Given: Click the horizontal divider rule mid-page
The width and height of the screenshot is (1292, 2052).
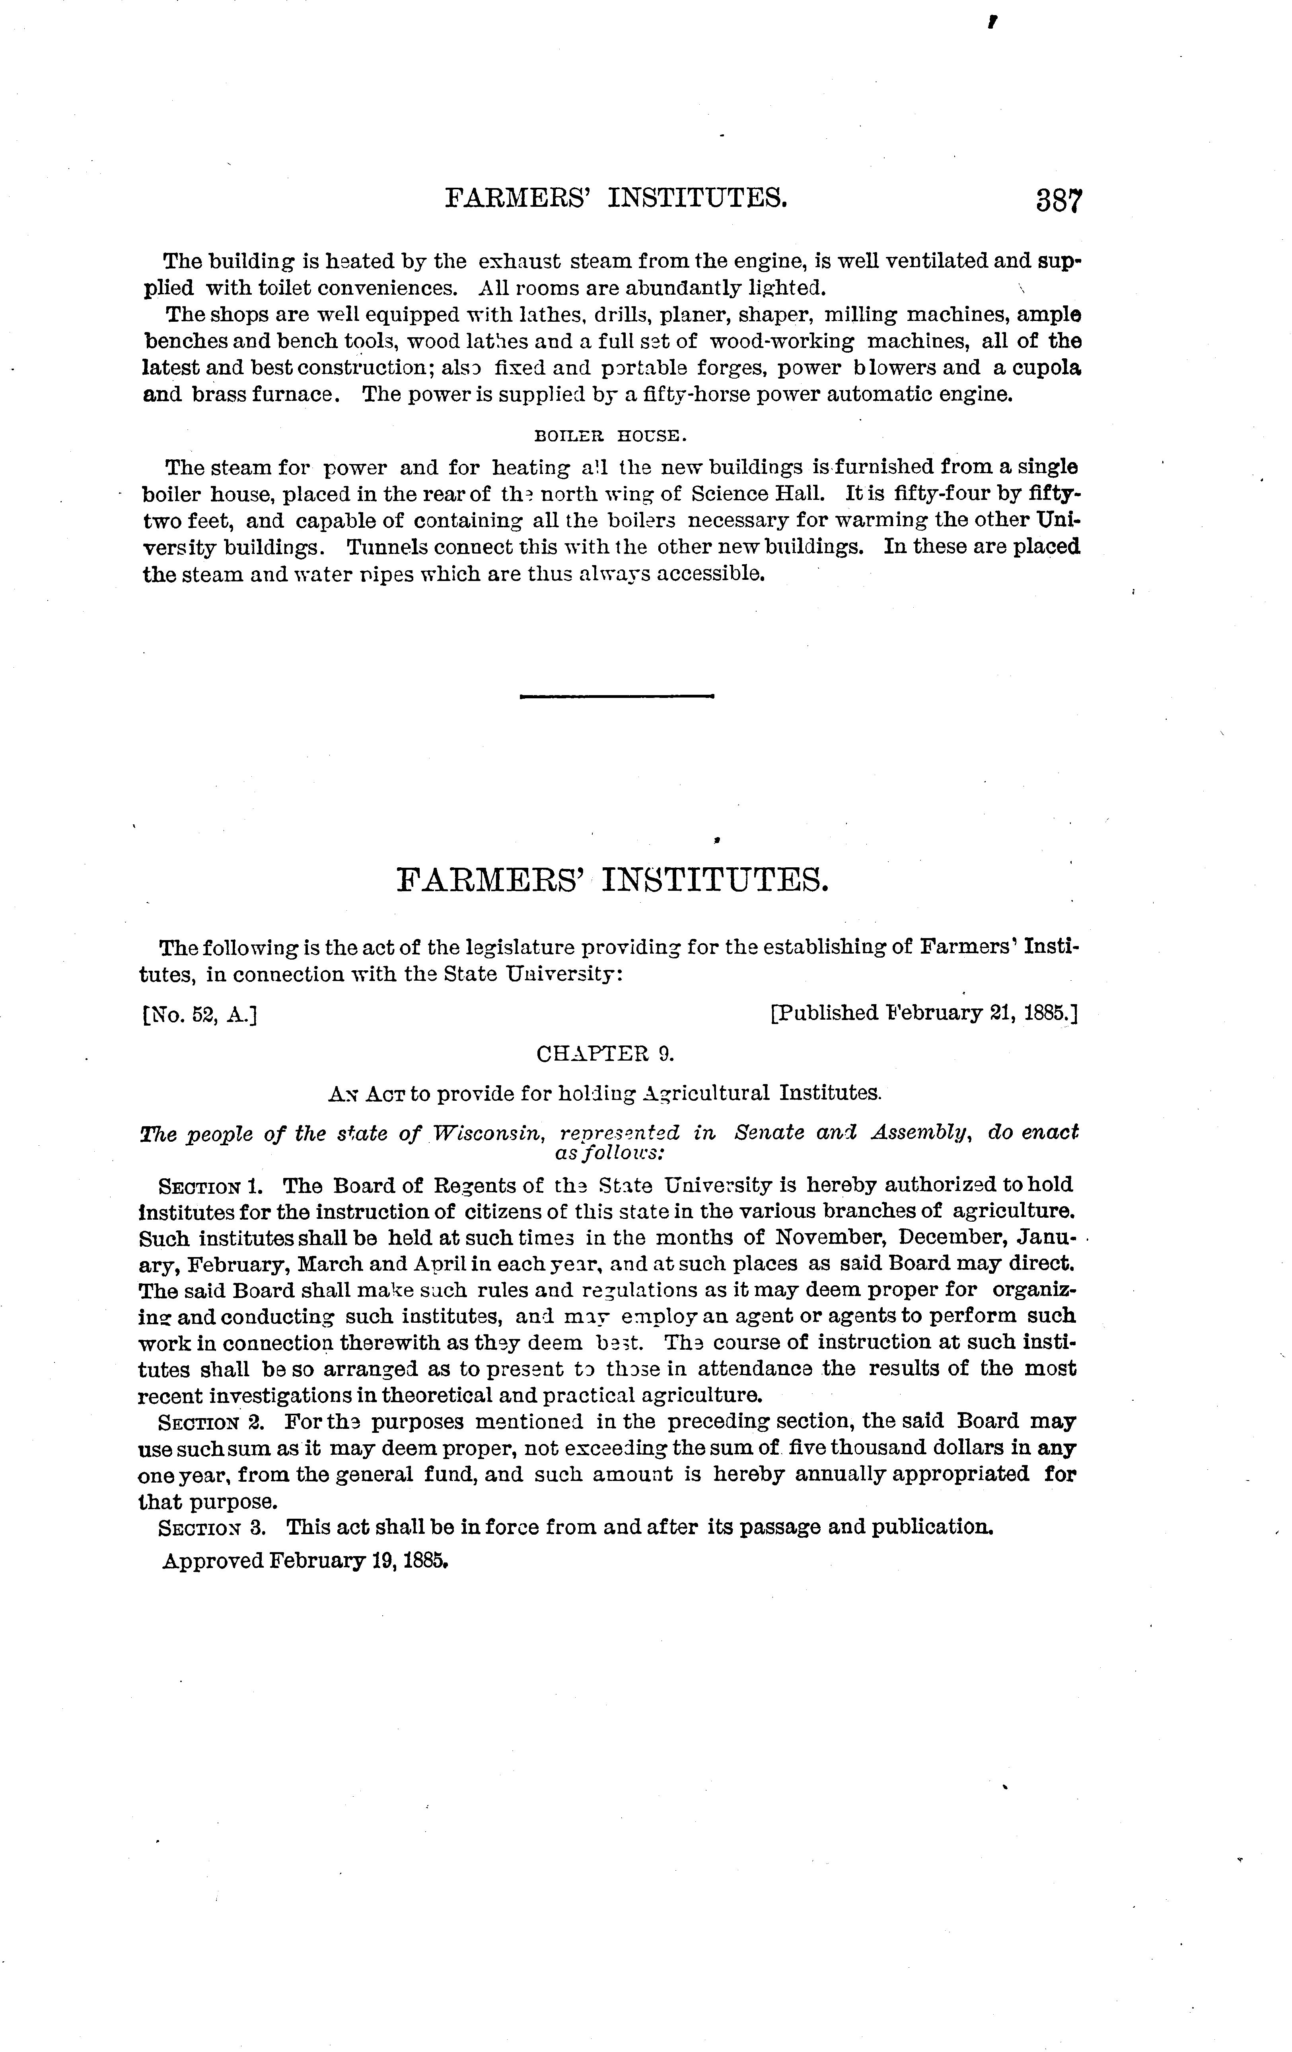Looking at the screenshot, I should [x=616, y=696].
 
